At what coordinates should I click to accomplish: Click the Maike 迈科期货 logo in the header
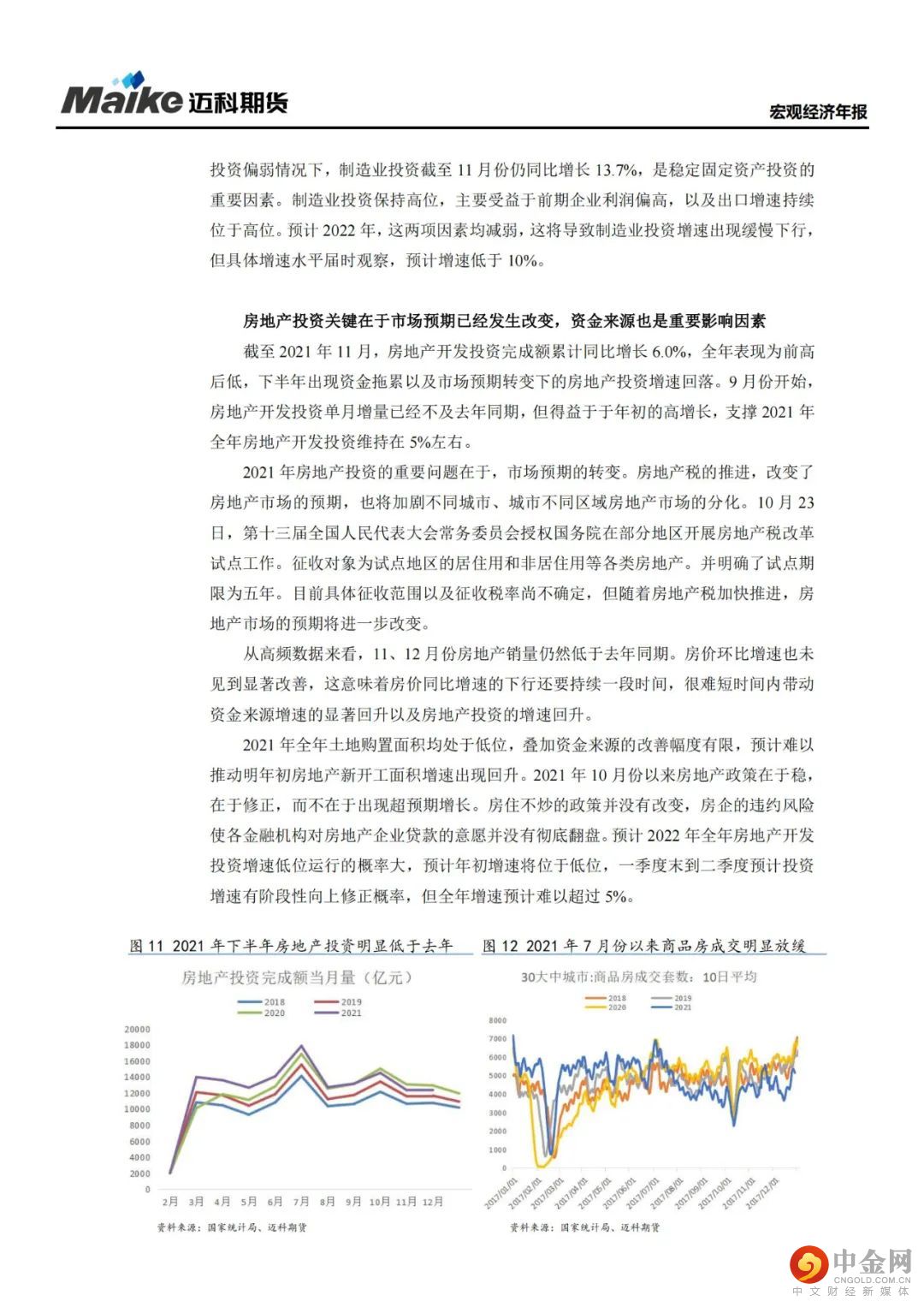[175, 97]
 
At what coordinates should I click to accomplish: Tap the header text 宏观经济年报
[817, 112]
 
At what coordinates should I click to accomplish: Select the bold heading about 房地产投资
[504, 321]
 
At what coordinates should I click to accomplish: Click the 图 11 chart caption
[291, 946]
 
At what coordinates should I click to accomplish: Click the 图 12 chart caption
[644, 946]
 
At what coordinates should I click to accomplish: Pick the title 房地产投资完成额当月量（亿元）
[296, 977]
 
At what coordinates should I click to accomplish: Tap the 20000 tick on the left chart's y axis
[137, 1029]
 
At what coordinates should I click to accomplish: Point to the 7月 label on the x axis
[301, 1202]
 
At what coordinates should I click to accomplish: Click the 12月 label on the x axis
[434, 1202]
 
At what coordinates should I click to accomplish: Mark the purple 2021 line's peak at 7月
[301, 1046]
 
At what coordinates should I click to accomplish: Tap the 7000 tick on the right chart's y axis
[497, 1038]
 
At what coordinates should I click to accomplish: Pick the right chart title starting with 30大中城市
[638, 977]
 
